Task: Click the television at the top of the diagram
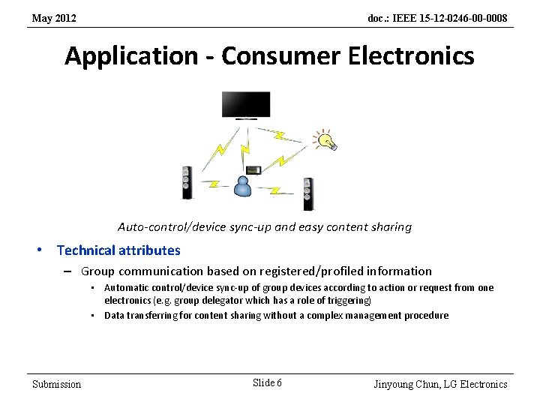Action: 245,104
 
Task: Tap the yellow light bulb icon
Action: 326,139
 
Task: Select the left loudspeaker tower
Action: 186,182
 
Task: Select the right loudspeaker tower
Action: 307,193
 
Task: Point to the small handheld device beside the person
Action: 254,171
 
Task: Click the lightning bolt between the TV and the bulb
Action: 279,136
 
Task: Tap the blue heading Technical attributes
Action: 118,250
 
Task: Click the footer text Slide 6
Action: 267,383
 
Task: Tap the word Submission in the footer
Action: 57,384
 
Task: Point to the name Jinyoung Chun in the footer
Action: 406,384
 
